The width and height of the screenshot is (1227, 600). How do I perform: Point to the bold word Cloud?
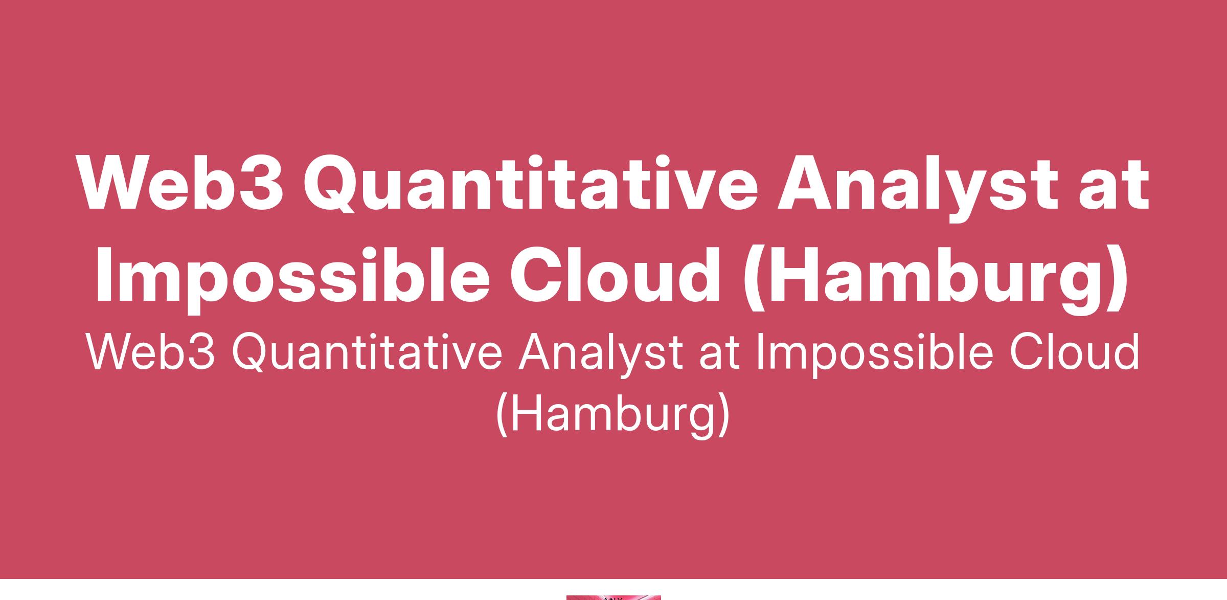615,275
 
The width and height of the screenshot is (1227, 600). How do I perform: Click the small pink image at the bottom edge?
613,597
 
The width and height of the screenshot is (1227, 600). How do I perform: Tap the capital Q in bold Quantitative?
331,184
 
